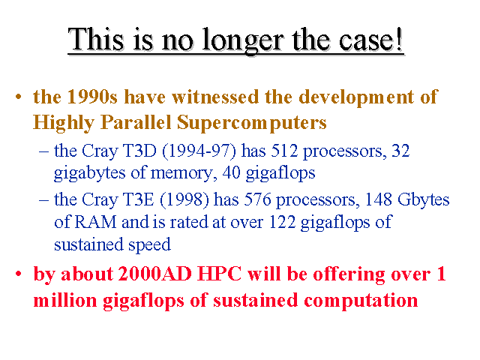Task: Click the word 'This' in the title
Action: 96,39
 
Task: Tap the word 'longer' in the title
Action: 241,41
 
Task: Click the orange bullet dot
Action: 19,97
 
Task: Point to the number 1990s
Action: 92,97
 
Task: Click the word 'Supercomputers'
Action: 252,123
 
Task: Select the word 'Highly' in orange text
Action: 64,123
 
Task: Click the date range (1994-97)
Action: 199,151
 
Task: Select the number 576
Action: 257,199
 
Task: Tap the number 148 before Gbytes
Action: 379,199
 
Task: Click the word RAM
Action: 95,222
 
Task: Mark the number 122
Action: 282,222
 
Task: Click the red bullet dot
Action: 19,273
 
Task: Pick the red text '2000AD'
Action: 155,273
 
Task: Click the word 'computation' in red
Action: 361,300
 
